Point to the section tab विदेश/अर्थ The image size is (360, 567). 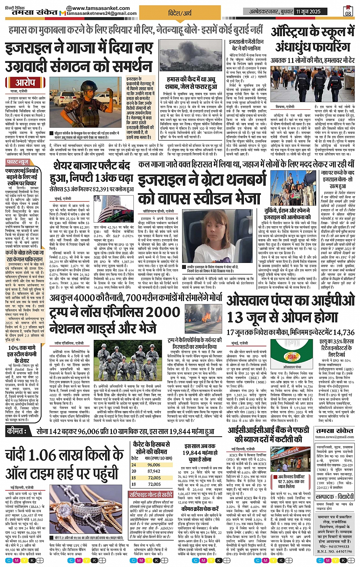pos(180,13)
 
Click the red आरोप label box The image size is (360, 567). pos(25,83)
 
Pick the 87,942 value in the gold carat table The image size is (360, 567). pos(154,471)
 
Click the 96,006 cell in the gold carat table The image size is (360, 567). pos(154,465)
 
